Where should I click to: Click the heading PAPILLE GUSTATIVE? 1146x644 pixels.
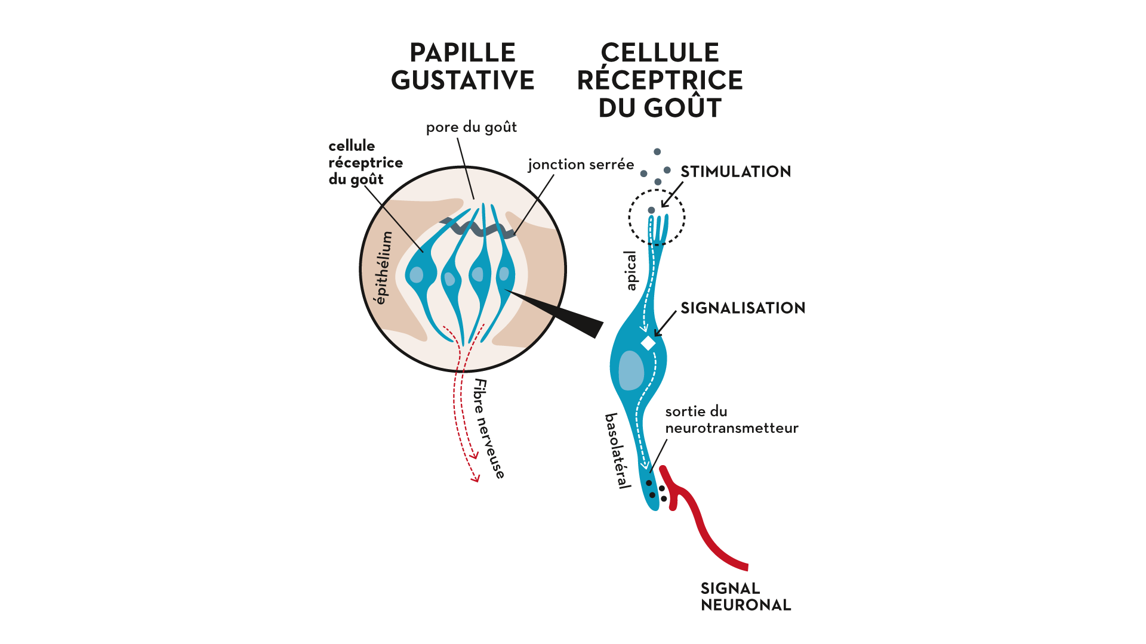point(463,66)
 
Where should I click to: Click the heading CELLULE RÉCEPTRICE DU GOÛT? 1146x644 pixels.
point(660,80)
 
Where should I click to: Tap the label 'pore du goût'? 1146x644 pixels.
point(472,127)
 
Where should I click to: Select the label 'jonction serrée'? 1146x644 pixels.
point(581,165)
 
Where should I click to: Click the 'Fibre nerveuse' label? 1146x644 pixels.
point(489,429)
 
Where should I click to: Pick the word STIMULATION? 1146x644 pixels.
point(736,172)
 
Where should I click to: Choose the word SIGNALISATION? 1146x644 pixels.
point(743,308)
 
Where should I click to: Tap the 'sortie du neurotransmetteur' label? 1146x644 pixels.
point(732,420)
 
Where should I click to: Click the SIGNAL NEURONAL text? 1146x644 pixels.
point(745,596)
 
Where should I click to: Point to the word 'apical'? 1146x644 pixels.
point(630,271)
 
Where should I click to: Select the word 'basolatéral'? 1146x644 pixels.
point(618,451)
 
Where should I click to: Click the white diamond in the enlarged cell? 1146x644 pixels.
point(648,343)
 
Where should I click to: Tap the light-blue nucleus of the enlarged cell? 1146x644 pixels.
point(631,370)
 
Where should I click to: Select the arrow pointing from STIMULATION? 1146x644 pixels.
point(672,195)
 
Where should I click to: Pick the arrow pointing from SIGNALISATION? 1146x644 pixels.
point(665,324)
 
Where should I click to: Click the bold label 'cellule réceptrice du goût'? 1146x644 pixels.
point(365,163)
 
